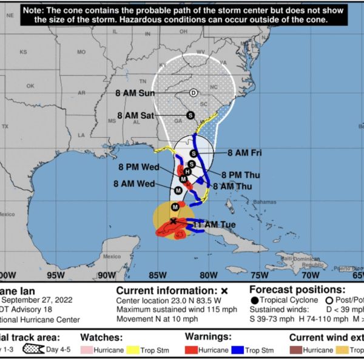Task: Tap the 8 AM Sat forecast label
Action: point(136,115)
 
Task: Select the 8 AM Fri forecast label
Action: point(244,152)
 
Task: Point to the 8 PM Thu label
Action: point(240,174)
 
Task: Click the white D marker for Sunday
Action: point(193,93)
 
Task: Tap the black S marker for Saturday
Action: point(189,115)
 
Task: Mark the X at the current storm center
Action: point(174,221)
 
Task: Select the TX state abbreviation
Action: point(6,126)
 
